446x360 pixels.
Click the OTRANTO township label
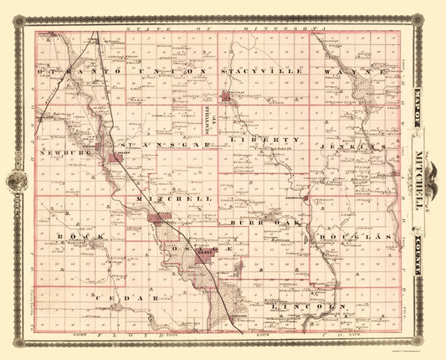pos(63,74)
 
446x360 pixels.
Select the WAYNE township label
pos(361,74)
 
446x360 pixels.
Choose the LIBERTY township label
pos(269,139)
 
